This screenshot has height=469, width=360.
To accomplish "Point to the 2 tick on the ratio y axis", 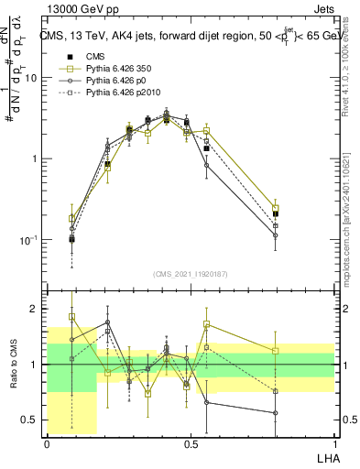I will tap(36, 309).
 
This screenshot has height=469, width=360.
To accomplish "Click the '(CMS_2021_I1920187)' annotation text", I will tap(190, 274).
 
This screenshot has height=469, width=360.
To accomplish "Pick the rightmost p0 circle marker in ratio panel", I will tap(276, 413).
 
